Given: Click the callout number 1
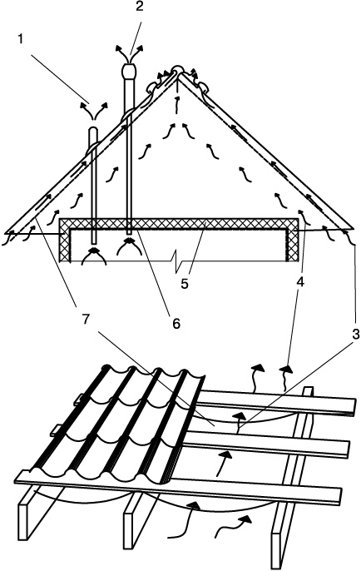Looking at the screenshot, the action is coord(20,39).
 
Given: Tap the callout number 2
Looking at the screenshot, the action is coord(140,7).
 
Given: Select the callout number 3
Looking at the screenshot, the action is coord(355,334).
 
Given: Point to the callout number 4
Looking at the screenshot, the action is coord(299,282).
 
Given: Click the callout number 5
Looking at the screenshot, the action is coord(185,284).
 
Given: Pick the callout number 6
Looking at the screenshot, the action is coord(176,323).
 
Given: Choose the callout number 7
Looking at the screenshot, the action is coord(85,320).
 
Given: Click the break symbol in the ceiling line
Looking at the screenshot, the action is coord(177,261).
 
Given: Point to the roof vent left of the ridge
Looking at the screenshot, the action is coord(153,87).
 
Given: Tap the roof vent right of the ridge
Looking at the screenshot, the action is coord(202,86).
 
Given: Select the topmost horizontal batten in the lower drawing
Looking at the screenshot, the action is coord(277,403).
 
